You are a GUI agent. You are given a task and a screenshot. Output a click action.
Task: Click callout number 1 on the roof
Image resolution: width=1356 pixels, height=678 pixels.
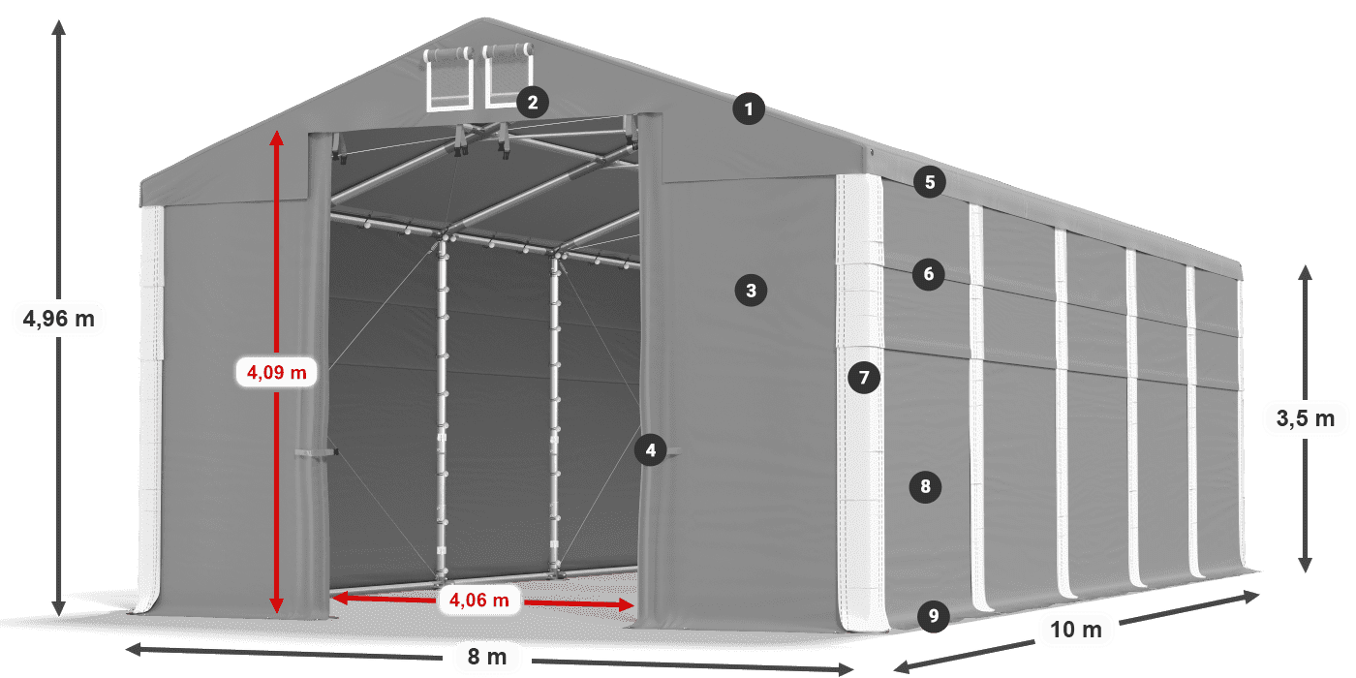tap(749, 108)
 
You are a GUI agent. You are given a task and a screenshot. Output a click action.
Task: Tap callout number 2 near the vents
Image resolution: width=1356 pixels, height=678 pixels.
tap(533, 103)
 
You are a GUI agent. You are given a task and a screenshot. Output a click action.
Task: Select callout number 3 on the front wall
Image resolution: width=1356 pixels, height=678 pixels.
tap(751, 291)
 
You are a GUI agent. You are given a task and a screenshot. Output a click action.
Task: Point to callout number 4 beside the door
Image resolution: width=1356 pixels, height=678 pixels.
tap(651, 450)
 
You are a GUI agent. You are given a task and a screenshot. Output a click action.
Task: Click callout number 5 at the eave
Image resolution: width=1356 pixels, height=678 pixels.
tap(930, 182)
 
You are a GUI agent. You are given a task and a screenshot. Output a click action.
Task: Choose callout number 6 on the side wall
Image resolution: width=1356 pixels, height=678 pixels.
tap(929, 274)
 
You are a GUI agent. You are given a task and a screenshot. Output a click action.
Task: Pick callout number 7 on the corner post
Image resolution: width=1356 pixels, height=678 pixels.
tap(864, 378)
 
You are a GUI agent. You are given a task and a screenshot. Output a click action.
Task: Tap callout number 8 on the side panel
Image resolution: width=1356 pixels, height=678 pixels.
tap(925, 486)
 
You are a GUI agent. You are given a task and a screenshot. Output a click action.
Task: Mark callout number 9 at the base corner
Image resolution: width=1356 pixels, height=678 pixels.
tap(934, 616)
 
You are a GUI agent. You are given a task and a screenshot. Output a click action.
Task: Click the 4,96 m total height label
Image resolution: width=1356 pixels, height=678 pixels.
tap(59, 319)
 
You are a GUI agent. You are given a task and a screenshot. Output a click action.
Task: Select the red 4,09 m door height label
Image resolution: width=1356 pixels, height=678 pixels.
tap(277, 372)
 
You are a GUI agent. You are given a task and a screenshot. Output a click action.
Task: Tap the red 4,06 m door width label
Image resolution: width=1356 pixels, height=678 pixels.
tap(478, 600)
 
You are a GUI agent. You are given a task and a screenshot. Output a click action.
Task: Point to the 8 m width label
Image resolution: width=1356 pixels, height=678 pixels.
tap(487, 657)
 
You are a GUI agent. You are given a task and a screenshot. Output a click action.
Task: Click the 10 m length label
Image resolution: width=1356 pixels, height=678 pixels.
tap(1076, 630)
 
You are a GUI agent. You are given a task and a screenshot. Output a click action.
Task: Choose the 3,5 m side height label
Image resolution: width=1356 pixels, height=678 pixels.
tap(1306, 418)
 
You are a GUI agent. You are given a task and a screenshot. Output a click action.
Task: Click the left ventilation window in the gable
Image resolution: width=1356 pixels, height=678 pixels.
tap(449, 79)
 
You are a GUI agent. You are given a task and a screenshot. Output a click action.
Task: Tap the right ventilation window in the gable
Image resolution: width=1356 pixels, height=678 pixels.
tap(508, 76)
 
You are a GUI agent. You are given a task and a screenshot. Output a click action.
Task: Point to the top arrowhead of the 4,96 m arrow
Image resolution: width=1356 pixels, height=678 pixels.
tap(59, 27)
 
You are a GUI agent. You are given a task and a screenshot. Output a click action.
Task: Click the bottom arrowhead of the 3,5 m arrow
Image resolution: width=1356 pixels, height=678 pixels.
tap(1306, 566)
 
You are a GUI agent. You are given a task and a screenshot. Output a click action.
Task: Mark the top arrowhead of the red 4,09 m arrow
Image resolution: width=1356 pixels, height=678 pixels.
tap(277, 138)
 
